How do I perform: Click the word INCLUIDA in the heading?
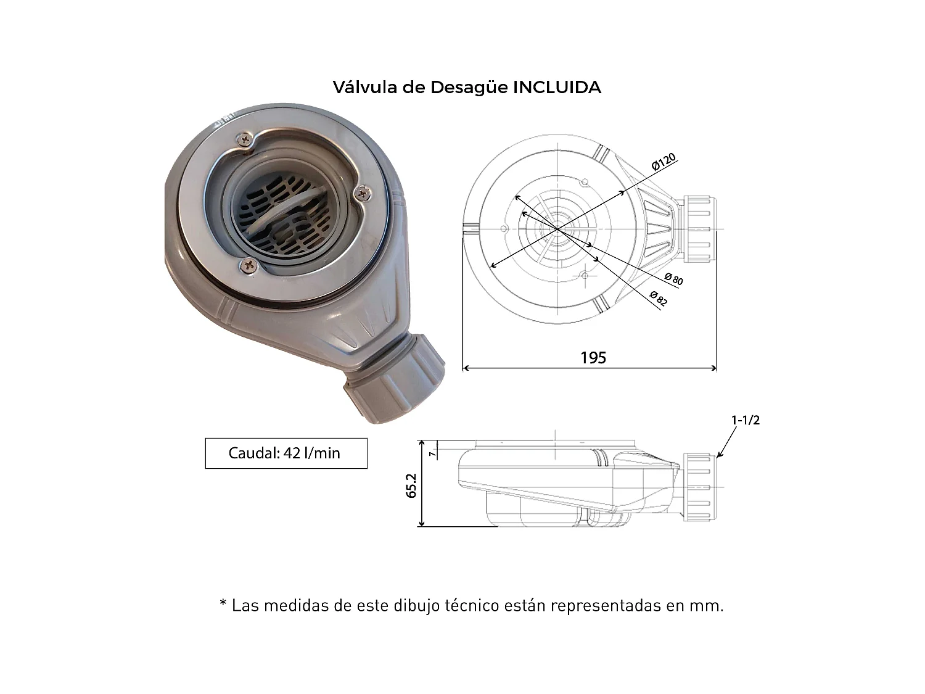tap(557, 87)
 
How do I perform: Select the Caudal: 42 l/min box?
tap(286, 453)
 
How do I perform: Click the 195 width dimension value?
tap(593, 358)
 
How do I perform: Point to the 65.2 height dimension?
tap(412, 485)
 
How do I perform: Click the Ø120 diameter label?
tap(664, 162)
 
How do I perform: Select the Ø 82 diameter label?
tap(658, 298)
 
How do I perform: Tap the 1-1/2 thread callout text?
tap(746, 420)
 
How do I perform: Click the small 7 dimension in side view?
tap(434, 453)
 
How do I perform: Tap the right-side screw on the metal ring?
tap(363, 194)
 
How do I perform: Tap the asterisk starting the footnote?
tap(223, 604)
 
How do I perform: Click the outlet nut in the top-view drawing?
tap(701, 229)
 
